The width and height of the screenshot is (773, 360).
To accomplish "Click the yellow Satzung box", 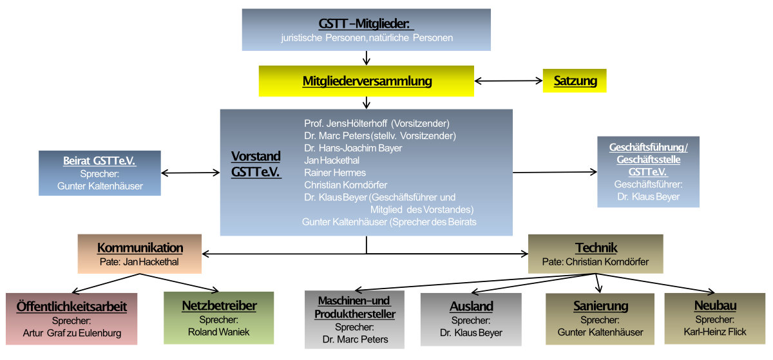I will pyautogui.click(x=575, y=81).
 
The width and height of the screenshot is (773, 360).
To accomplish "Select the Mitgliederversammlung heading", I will pyautogui.click(x=367, y=82).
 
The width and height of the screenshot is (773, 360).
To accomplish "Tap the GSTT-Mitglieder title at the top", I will pyautogui.click(x=366, y=24).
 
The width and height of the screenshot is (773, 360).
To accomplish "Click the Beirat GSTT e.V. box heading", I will pyautogui.click(x=99, y=161).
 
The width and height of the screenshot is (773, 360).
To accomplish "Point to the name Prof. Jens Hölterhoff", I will pyautogui.click(x=376, y=123).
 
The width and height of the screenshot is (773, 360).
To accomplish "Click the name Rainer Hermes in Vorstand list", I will pyautogui.click(x=334, y=173).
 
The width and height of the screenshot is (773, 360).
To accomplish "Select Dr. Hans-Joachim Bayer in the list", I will pyautogui.click(x=353, y=148).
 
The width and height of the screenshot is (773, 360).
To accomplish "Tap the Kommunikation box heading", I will pyautogui.click(x=140, y=248).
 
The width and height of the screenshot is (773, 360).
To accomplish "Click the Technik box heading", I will pyautogui.click(x=596, y=248).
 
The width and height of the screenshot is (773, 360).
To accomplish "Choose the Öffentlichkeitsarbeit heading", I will pyautogui.click(x=72, y=306).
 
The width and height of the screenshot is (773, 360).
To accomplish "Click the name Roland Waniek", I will pyautogui.click(x=218, y=332).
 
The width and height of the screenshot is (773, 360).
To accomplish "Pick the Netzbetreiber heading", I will pyautogui.click(x=219, y=306).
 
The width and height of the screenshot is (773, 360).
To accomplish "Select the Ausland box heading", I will pyautogui.click(x=471, y=307).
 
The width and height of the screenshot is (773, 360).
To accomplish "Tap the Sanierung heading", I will pyautogui.click(x=600, y=306).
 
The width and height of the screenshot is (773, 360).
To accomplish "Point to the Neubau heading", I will pyautogui.click(x=715, y=306).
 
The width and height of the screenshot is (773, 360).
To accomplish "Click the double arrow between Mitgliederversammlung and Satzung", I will pyautogui.click(x=508, y=81).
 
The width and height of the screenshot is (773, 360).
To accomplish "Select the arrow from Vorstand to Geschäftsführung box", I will pyautogui.click(x=555, y=172).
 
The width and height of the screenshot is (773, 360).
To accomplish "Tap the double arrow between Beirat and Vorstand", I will pyautogui.click(x=190, y=173).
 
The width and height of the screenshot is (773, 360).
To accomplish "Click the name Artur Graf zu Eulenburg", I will pyautogui.click(x=72, y=333).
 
